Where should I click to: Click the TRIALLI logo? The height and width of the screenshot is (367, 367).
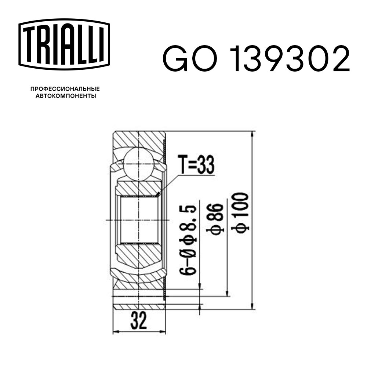[x=64, y=44]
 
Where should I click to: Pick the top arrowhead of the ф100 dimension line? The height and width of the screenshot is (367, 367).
[x=252, y=134]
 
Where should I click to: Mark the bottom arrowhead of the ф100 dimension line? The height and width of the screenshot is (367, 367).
[x=252, y=306]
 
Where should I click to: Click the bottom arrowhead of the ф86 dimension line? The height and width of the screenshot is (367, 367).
[x=228, y=293]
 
